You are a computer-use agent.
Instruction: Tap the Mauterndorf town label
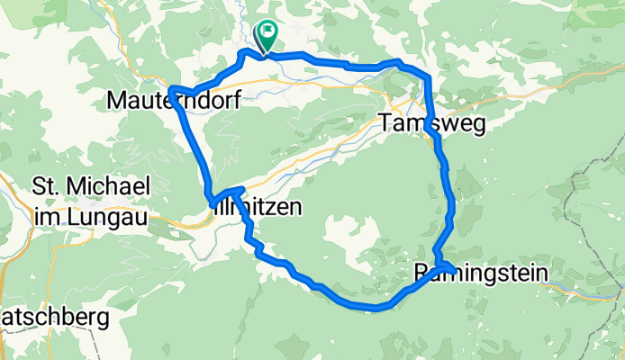(x=173, y=100)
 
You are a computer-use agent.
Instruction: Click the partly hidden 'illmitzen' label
(x=257, y=207)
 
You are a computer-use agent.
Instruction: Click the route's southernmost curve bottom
(x=376, y=308)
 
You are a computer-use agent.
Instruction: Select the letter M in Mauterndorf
(x=117, y=100)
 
